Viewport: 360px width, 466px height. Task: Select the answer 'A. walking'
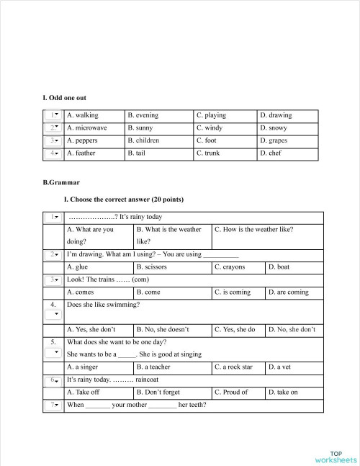(x=82, y=115)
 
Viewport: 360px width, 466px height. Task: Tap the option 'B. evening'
(x=143, y=115)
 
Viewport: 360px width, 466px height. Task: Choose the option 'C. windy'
(x=210, y=128)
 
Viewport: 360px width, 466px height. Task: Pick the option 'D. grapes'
(x=274, y=140)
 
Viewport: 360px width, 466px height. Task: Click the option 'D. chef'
(x=271, y=153)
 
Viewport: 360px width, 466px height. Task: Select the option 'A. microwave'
(x=86, y=128)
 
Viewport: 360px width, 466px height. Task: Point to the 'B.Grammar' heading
(x=61, y=183)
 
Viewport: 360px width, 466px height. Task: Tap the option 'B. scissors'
(x=151, y=267)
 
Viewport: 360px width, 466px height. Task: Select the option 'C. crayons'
(x=230, y=267)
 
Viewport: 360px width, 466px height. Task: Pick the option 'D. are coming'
(x=288, y=292)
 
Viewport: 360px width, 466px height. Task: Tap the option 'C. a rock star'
(x=233, y=367)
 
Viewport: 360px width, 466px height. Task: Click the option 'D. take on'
(x=283, y=393)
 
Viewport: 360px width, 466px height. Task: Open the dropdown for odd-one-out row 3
(x=53, y=140)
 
